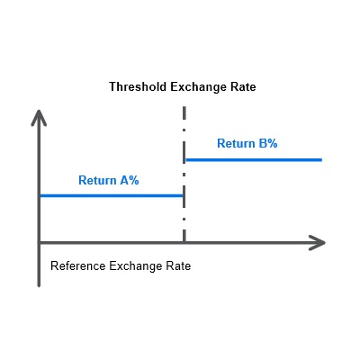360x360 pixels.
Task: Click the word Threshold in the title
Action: [138, 87]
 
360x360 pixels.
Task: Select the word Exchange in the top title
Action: [199, 87]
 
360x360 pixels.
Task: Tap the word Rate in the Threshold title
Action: [243, 87]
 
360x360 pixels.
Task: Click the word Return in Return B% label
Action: [236, 143]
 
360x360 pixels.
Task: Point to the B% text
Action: [268, 143]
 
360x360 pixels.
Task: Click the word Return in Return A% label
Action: [97, 180]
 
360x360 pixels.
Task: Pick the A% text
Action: [130, 180]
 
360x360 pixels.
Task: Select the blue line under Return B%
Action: [254, 160]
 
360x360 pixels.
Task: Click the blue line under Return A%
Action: [112, 196]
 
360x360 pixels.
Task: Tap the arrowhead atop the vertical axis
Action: [39, 118]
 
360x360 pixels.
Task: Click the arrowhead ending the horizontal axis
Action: [318, 242]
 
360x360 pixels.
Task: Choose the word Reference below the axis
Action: [78, 266]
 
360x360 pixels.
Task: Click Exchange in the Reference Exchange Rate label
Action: [137, 266]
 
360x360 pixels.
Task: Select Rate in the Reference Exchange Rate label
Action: [179, 266]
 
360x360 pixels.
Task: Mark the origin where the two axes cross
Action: [39, 242]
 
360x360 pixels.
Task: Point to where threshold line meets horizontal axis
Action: [184, 242]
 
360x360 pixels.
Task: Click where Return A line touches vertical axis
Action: [40, 196]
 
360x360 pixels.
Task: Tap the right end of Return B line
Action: [322, 160]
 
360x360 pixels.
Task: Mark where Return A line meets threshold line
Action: [184, 196]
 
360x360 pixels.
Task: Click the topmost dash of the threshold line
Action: [184, 112]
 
